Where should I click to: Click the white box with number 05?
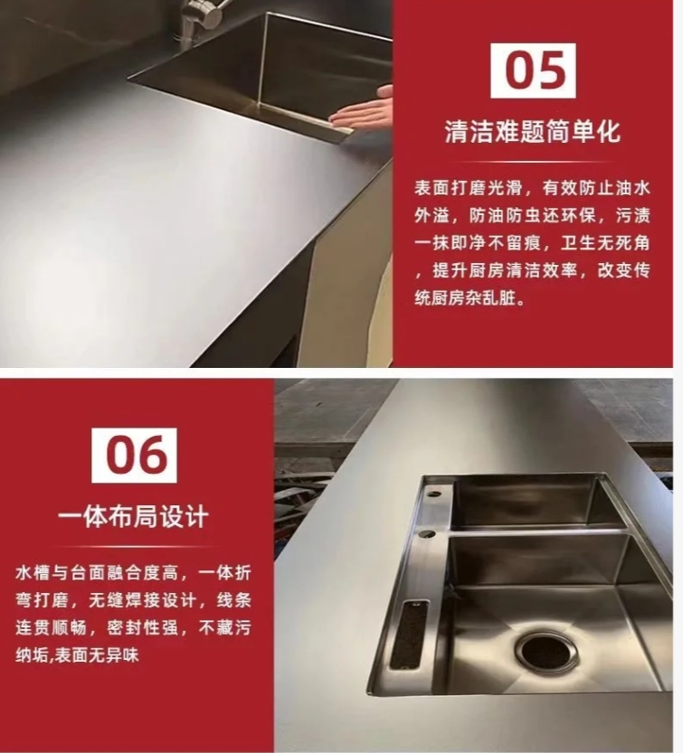tap(533, 71)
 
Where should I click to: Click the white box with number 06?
tap(135, 456)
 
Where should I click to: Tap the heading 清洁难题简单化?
tap(533, 130)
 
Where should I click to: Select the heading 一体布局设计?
tap(134, 517)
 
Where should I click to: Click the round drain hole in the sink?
tap(547, 652)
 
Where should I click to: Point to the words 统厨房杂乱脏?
tap(470, 298)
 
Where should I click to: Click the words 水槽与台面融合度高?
tap(97, 572)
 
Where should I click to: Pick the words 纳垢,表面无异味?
tap(77, 655)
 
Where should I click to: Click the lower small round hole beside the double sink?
tap(428, 533)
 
